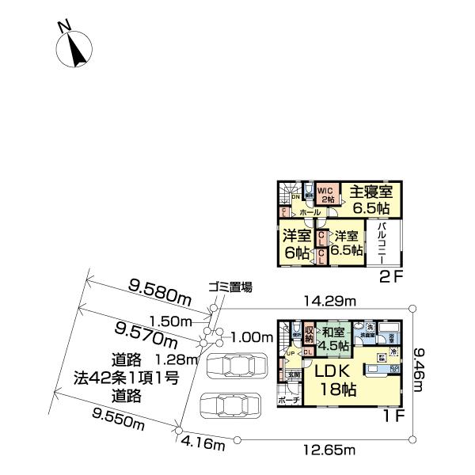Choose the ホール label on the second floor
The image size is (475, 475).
click(x=310, y=213)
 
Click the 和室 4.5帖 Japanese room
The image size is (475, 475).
click(x=334, y=339)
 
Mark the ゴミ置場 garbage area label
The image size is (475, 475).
click(x=230, y=287)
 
